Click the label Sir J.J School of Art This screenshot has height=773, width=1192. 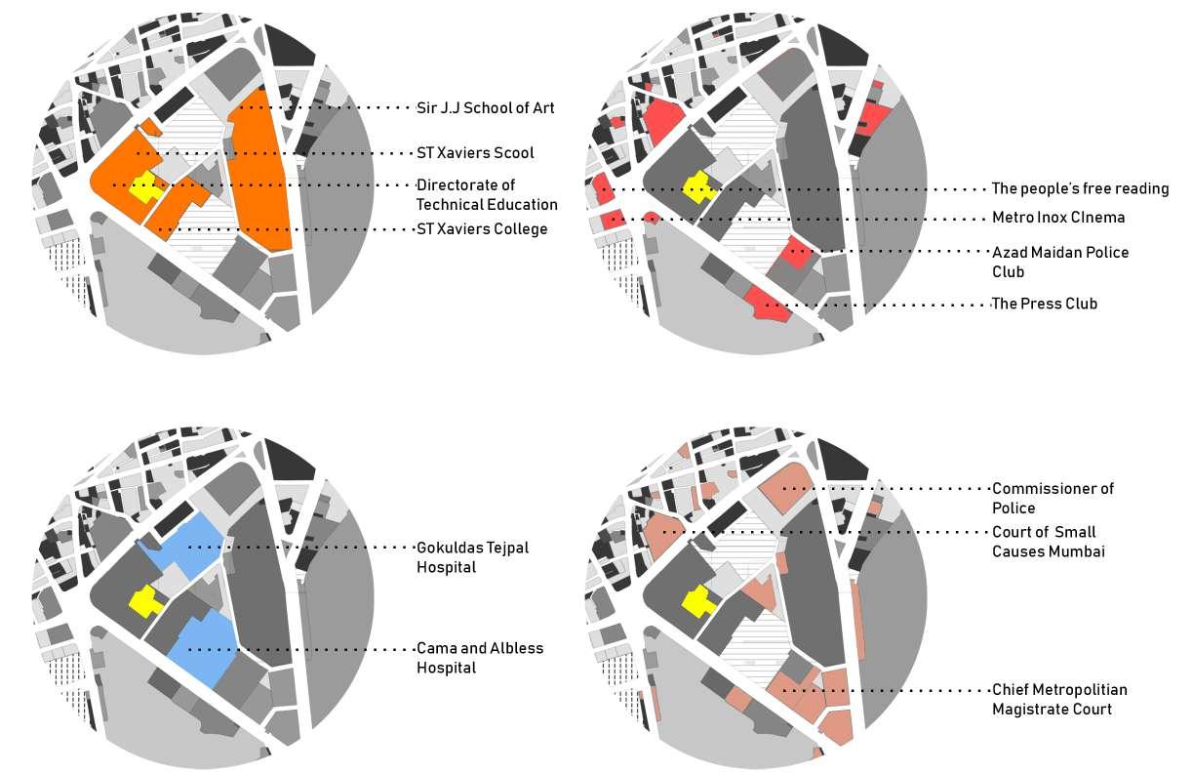(x=485, y=107)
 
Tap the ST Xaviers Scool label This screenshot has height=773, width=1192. (x=475, y=153)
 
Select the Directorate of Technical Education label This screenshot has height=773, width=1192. (x=486, y=194)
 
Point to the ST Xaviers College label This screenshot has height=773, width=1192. (x=481, y=229)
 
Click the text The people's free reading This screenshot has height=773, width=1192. (x=1080, y=188)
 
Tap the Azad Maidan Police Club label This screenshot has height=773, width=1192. (x=1059, y=262)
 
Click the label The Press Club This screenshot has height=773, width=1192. (x=1044, y=304)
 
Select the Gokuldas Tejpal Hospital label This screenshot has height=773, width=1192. (x=472, y=557)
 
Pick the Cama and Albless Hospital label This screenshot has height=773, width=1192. (x=479, y=658)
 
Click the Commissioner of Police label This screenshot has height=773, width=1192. (x=1052, y=498)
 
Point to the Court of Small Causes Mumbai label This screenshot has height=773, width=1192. (x=1048, y=542)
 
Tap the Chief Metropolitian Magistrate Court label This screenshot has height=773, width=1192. (x=1058, y=700)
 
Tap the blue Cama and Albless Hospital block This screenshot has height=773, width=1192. (x=206, y=648)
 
